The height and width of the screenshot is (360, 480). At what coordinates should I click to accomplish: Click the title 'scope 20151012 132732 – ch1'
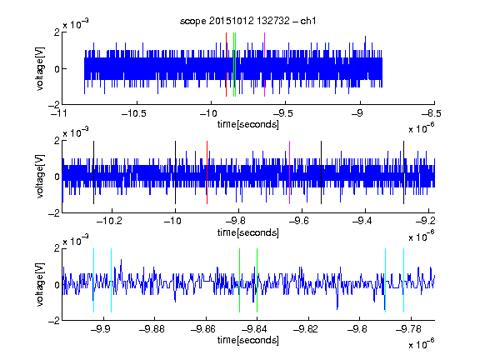tap(248, 21)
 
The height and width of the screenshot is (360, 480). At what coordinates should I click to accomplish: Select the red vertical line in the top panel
tap(226, 65)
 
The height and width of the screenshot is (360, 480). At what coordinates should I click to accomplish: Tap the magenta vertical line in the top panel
tap(264, 65)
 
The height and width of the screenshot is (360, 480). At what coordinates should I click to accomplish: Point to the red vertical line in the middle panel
tap(207, 172)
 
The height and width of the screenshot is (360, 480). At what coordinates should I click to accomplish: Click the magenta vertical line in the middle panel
tap(290, 172)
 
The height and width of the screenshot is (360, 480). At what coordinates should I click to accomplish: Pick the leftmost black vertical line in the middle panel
tap(93, 172)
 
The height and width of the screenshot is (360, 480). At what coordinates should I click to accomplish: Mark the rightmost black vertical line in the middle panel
tap(404, 172)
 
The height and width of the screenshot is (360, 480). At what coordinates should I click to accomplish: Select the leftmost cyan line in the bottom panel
tap(93, 280)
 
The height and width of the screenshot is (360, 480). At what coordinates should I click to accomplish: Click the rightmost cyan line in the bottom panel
tap(404, 280)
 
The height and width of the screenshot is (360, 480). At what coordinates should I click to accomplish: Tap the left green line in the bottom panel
tap(239, 280)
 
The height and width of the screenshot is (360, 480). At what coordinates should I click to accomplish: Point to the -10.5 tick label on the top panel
tap(134, 113)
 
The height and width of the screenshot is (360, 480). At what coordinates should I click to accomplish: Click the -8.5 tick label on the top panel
tap(432, 113)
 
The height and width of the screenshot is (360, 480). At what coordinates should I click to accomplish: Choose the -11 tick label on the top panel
tap(59, 113)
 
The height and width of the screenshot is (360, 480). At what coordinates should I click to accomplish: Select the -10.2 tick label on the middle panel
tap(109, 220)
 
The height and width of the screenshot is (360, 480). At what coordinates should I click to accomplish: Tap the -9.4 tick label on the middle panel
tap(362, 220)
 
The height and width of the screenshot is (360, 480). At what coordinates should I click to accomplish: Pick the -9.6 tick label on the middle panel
tap(299, 220)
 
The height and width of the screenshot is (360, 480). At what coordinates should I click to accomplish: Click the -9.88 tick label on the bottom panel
tap(152, 329)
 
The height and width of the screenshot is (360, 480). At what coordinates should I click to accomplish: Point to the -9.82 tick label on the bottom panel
tap(306, 329)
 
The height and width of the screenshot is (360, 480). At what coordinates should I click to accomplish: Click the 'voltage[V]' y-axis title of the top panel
tap(40, 69)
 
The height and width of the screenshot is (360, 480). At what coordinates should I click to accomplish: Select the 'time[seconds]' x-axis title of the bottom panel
tap(248, 340)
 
